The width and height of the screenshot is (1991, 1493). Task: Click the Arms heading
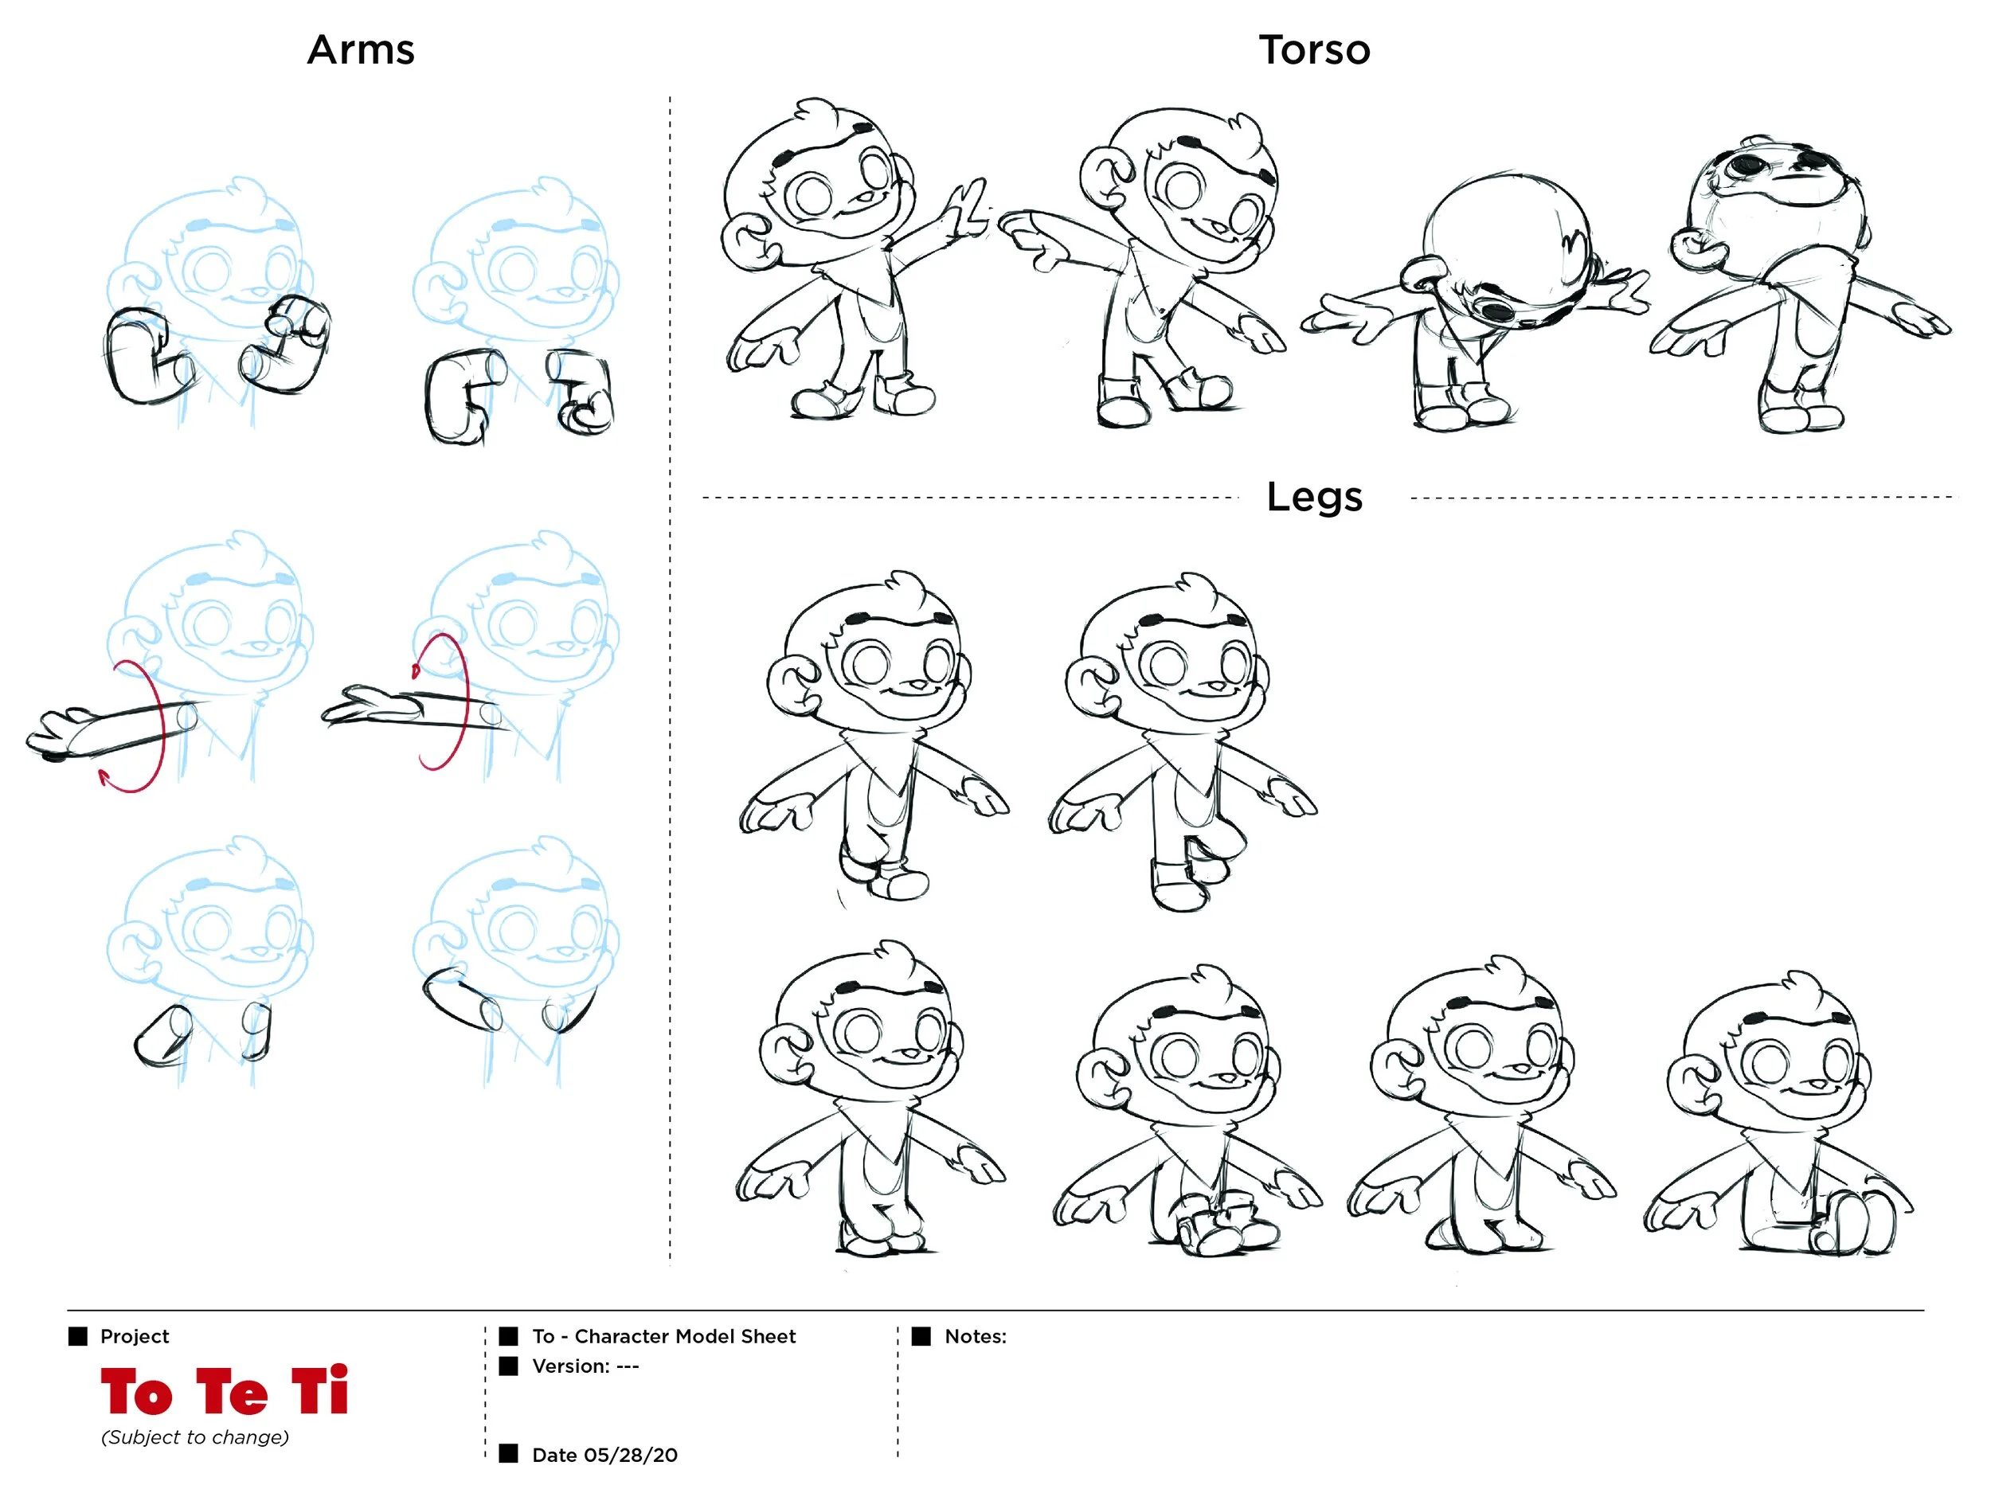361,49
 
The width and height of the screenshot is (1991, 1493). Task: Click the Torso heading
1315,49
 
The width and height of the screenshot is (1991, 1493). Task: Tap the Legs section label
1315,498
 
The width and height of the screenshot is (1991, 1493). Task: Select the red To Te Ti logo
224,1391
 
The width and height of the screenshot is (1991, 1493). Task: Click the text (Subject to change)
195,1437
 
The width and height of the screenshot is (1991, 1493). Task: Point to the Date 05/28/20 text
604,1456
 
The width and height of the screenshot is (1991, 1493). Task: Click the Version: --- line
586,1366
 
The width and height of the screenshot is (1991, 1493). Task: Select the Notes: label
976,1336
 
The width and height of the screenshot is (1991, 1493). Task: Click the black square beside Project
78,1336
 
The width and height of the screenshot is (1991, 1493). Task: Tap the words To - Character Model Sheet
664,1336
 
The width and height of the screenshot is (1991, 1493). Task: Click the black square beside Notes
921,1336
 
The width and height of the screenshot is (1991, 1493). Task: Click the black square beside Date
509,1453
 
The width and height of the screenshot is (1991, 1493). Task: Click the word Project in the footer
135,1336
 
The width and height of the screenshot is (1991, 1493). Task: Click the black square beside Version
509,1366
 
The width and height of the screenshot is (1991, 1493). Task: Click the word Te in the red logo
233,1391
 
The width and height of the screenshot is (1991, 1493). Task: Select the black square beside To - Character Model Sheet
509,1336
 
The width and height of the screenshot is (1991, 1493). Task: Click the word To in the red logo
137,1391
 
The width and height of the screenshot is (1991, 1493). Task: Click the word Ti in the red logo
320,1391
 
